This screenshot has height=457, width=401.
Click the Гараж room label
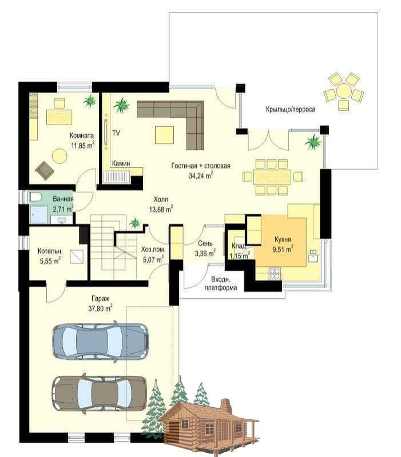point(101,299)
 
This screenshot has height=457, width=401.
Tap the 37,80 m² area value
point(101,308)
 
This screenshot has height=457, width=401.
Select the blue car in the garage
point(100,340)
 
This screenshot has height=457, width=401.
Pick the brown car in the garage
point(99,393)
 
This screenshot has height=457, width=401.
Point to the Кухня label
point(283,239)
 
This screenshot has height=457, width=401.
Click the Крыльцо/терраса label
point(291,110)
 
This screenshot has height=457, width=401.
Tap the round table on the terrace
point(344,91)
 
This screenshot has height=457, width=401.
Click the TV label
point(116,133)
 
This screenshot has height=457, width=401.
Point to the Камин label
point(121,163)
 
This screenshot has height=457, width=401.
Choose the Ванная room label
point(63,199)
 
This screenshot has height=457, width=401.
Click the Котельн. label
point(50,251)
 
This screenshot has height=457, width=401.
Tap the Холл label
point(161,199)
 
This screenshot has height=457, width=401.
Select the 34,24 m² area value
point(201,176)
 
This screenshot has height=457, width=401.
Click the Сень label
point(205,243)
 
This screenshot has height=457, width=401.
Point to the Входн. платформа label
point(221,283)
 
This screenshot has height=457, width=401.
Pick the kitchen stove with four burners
point(275,274)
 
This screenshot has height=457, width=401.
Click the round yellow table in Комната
point(59,156)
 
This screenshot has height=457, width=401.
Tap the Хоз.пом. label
point(153,250)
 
